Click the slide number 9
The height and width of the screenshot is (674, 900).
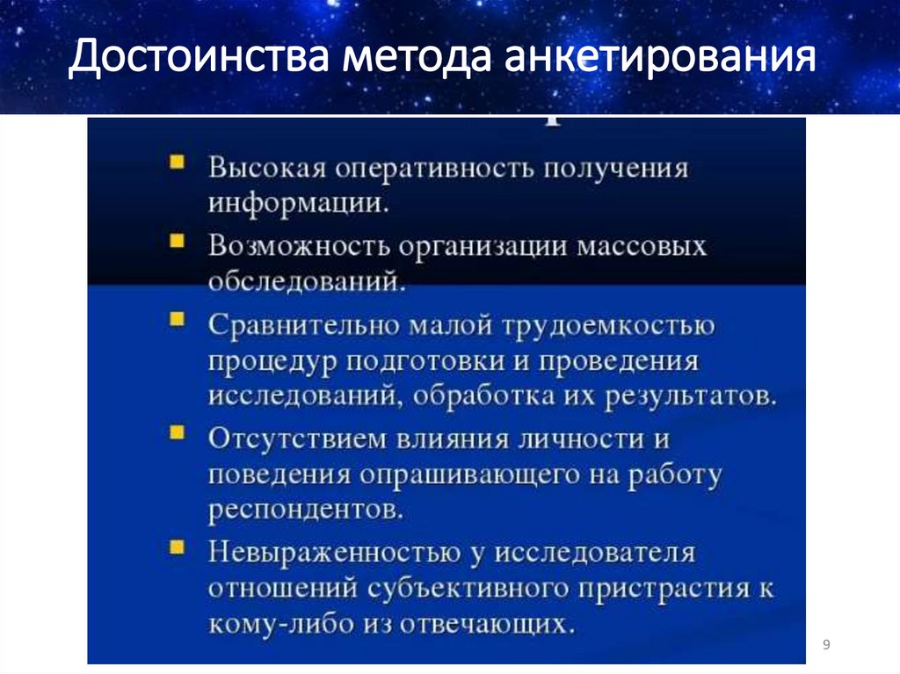click(x=826, y=646)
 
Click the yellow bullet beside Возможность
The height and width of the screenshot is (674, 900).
click(x=178, y=239)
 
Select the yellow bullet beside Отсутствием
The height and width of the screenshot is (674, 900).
click(x=178, y=432)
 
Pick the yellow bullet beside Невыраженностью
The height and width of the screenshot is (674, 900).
click(x=178, y=547)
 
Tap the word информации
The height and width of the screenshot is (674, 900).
click(x=299, y=204)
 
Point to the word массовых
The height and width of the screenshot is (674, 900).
click(x=641, y=245)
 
